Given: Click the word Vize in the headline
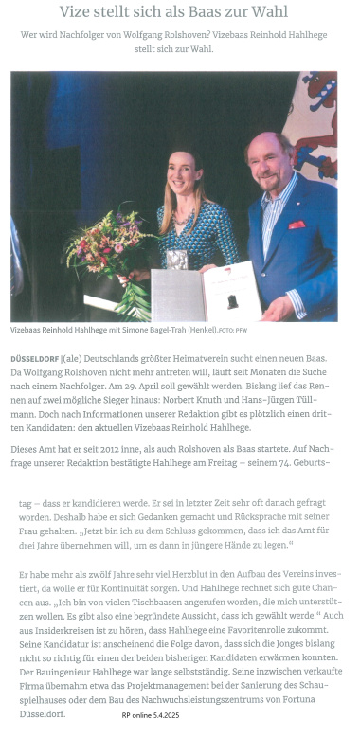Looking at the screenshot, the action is (x=77, y=12).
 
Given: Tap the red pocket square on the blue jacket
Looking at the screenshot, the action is (x=297, y=225).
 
